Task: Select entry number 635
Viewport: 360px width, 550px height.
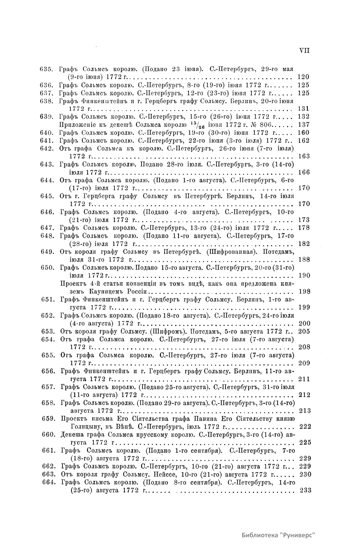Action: (46, 69)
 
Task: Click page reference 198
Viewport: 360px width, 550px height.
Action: (304, 291)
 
